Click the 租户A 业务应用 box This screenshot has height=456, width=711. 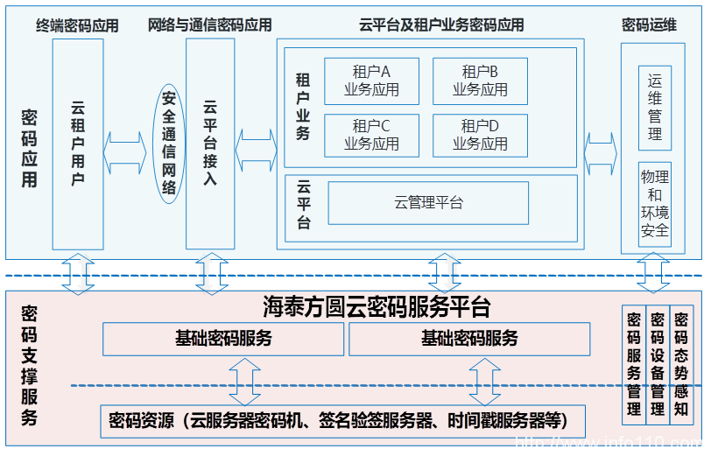[371, 81]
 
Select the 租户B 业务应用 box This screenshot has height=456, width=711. [480, 81]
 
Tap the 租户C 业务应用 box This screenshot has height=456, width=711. [371, 135]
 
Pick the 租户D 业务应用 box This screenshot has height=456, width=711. [480, 135]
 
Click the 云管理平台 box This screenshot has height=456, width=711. [428, 203]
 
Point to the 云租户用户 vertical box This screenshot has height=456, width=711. [78, 144]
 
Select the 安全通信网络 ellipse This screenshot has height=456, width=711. [168, 144]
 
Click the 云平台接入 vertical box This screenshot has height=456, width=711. [210, 144]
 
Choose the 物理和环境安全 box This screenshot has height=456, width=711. [655, 203]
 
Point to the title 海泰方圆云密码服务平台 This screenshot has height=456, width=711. [377, 306]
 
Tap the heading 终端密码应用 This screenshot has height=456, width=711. [77, 25]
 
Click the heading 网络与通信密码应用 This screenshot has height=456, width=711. [210, 25]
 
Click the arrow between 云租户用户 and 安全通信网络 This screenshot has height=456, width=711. [124, 144]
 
